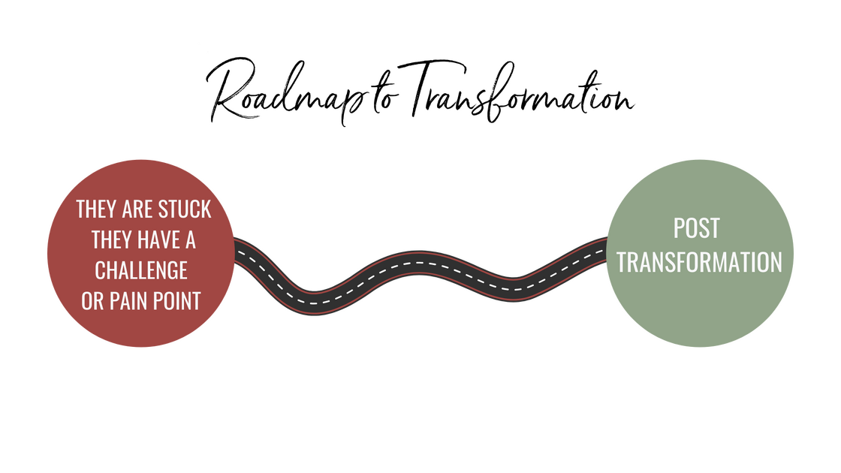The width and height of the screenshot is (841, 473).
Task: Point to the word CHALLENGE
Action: pos(141,270)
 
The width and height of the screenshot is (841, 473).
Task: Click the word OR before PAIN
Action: pos(92,300)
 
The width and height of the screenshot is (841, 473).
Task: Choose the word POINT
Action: pos(179,300)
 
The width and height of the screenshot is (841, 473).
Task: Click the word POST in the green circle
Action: pos(696,228)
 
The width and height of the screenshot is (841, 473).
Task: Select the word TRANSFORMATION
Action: pos(699,262)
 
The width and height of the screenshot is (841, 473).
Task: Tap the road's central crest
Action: pos(417,264)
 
